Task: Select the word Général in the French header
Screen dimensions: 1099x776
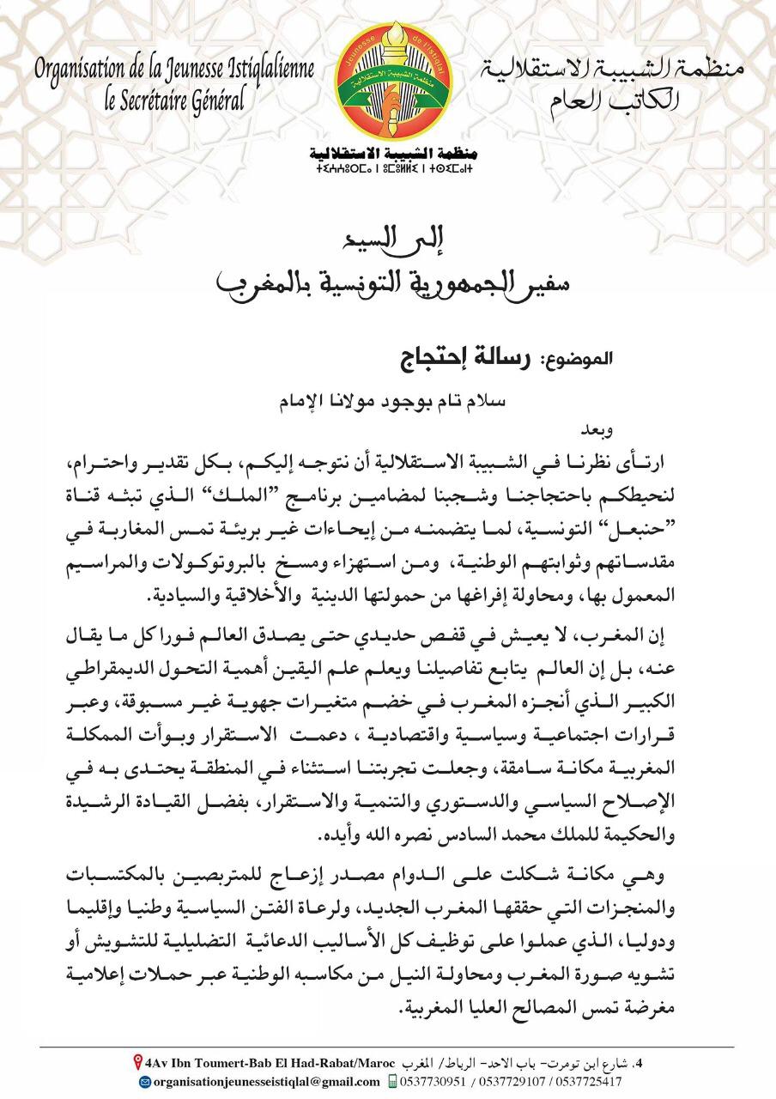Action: point(221,98)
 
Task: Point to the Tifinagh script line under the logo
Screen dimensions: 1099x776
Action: point(388,171)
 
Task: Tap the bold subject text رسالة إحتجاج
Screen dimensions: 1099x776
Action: point(464,358)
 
